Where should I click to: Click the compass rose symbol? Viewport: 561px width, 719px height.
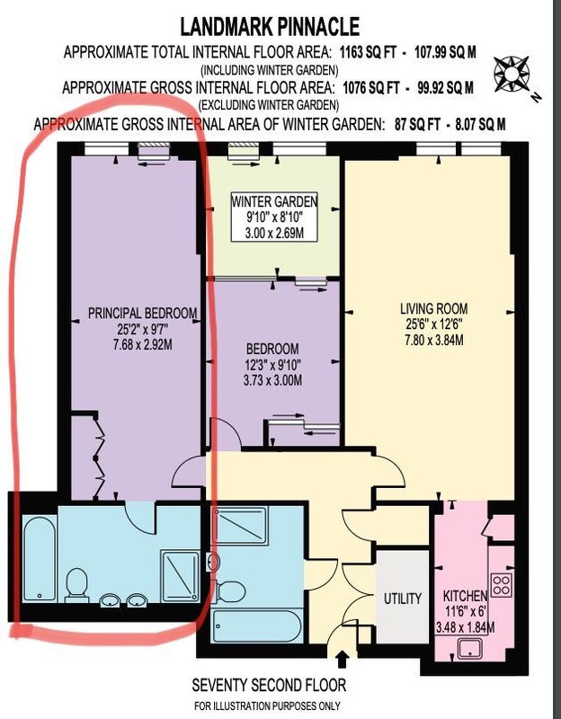pos(512,74)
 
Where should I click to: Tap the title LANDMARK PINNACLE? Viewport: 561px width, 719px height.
pos(270,27)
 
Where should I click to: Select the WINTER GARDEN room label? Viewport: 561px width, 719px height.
pos(274,201)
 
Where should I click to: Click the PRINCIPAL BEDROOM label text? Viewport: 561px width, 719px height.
pos(143,313)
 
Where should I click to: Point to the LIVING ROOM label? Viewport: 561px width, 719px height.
pos(434,308)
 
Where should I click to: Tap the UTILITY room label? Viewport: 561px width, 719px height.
pos(403,599)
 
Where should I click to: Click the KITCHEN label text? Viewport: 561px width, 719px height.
pos(465,596)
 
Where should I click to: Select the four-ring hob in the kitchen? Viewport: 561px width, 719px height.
pos(502,585)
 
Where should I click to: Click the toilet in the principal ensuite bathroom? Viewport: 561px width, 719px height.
pos(76,585)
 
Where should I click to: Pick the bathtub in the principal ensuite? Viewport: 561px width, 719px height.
pos(40,558)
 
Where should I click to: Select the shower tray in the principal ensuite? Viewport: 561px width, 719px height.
pos(180,576)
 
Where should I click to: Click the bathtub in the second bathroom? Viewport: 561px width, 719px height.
pos(257,626)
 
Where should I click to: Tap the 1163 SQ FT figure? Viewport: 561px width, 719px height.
pos(368,52)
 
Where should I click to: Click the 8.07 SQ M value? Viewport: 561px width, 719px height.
pos(480,124)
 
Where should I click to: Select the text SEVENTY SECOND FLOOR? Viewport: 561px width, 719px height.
pos(269,685)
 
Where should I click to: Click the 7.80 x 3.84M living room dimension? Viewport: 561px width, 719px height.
pos(434,340)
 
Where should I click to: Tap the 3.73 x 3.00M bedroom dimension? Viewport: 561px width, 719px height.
pos(273,380)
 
